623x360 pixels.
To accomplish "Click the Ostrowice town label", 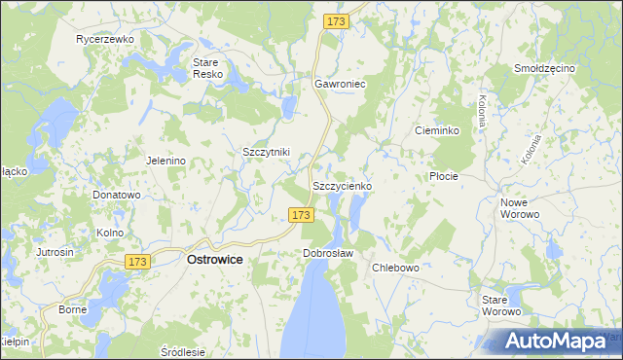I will tap(215, 260).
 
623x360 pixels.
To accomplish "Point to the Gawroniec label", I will tap(339, 85).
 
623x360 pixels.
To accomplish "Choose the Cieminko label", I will tap(436, 130).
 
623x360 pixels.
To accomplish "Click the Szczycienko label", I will tap(341, 185).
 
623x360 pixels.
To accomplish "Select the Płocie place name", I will tap(443, 177).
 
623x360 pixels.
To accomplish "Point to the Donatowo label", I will tap(117, 195).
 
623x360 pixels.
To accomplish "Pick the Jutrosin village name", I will tap(55, 252).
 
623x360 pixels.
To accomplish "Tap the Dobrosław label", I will tap(327, 253).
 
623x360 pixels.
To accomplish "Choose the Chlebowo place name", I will tap(395, 268).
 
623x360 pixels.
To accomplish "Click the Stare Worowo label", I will tap(502, 306).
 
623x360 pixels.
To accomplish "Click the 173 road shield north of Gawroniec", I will tap(337, 21).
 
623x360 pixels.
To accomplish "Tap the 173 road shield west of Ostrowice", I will tap(137, 262).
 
